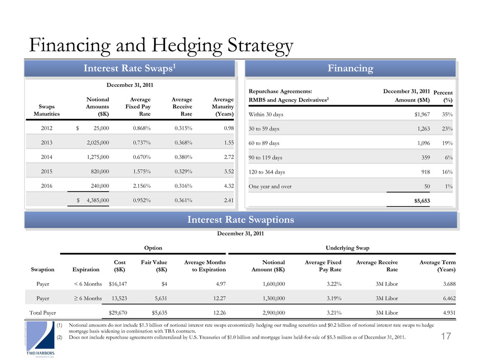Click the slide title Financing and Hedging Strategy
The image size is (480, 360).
(x=161, y=46)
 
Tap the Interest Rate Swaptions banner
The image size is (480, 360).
(x=240, y=220)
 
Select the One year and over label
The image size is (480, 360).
(x=271, y=186)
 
